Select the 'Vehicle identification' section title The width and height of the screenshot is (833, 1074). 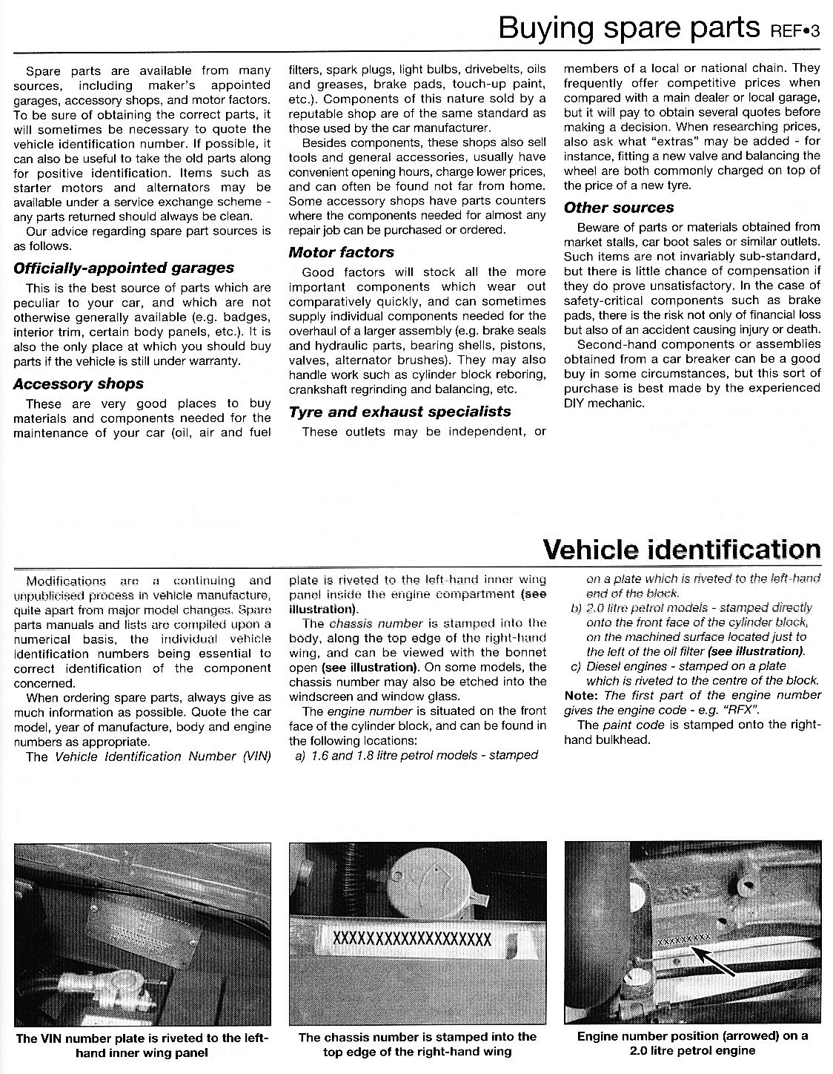(682, 550)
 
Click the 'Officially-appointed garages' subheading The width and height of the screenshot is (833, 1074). (124, 268)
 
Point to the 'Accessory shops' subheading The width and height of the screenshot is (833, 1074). (79, 383)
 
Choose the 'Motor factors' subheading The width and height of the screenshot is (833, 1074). (341, 252)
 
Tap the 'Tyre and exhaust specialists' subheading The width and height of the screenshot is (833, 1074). (400, 412)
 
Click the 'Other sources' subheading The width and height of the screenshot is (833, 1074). (619, 208)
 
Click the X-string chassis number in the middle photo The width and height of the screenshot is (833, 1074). (413, 938)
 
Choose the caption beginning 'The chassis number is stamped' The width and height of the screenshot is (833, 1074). (417, 1044)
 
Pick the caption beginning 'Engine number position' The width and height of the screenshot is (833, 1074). (692, 1043)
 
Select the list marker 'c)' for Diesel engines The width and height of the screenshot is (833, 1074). (575, 666)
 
